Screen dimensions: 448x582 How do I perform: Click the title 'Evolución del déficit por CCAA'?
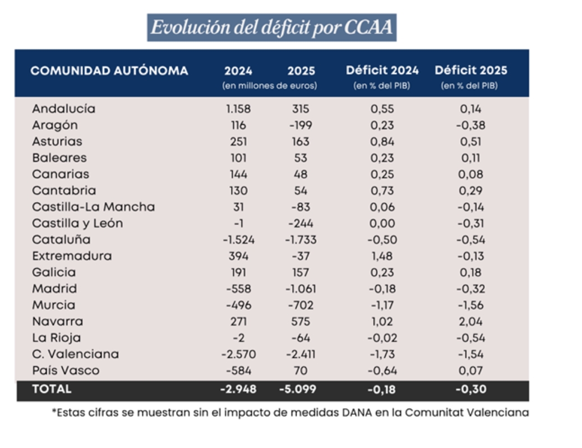coord(271,28)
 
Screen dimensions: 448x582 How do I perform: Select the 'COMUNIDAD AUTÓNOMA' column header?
coord(109,71)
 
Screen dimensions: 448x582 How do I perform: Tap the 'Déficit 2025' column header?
coord(470,71)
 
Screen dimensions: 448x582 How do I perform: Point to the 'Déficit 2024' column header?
coord(382,71)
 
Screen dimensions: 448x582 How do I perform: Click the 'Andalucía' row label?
coord(63,109)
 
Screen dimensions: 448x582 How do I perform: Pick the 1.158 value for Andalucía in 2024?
coord(238,109)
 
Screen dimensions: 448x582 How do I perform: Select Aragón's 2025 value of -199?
coord(301,125)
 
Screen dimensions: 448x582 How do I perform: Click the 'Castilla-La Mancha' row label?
coord(93,207)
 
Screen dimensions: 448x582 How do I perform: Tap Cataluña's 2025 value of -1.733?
coord(301,240)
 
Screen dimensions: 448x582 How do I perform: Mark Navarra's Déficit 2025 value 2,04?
coord(470,322)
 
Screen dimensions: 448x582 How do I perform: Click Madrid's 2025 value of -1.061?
coord(301,289)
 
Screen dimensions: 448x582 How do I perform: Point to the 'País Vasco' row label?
coord(66,371)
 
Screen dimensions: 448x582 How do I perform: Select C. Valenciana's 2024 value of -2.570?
coord(238,354)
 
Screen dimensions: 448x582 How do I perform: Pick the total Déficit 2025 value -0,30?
coord(470,388)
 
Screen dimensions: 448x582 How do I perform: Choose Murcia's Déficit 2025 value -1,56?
coord(470,305)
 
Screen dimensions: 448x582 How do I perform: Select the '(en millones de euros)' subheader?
coord(270,86)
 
